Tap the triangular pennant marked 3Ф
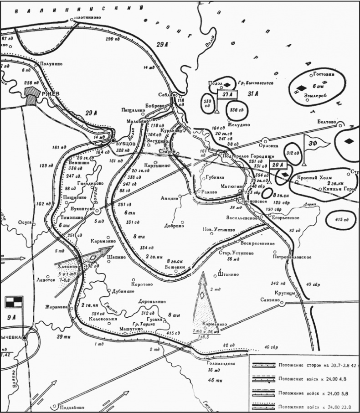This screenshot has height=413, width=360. coord(315,143)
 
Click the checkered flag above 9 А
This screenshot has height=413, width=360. coord(14,302)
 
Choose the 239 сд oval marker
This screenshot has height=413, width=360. coord(208,103)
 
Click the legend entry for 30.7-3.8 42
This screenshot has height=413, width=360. coord(319,366)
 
